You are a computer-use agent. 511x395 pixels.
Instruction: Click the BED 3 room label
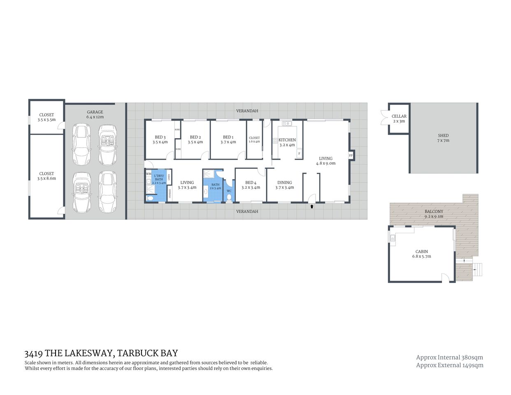click(x=160, y=139)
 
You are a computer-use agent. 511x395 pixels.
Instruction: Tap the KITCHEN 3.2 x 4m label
click(x=287, y=142)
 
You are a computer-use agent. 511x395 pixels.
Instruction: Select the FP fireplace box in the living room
click(x=351, y=156)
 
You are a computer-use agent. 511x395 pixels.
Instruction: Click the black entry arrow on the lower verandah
click(x=312, y=207)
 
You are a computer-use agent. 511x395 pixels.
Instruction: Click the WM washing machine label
click(x=149, y=174)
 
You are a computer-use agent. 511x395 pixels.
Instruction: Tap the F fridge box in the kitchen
click(x=299, y=154)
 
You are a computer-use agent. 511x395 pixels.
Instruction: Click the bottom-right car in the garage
click(x=108, y=192)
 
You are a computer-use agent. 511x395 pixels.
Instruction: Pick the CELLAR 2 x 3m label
click(x=399, y=119)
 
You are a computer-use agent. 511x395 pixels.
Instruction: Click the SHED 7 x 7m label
click(x=443, y=138)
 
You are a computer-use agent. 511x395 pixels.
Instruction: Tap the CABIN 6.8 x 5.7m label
click(x=421, y=254)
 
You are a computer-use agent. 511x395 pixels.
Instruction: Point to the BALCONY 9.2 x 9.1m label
click(x=434, y=214)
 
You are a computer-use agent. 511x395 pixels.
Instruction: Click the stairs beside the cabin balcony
click(x=477, y=269)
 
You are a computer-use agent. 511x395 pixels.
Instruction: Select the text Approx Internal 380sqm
click(x=449, y=357)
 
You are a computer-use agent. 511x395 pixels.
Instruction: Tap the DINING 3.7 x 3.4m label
click(x=284, y=185)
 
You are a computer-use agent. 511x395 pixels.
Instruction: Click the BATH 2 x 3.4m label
click(x=215, y=186)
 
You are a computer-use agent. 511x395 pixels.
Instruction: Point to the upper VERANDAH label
click(x=247, y=111)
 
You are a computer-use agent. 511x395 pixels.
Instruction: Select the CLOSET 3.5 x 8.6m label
click(x=46, y=176)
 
